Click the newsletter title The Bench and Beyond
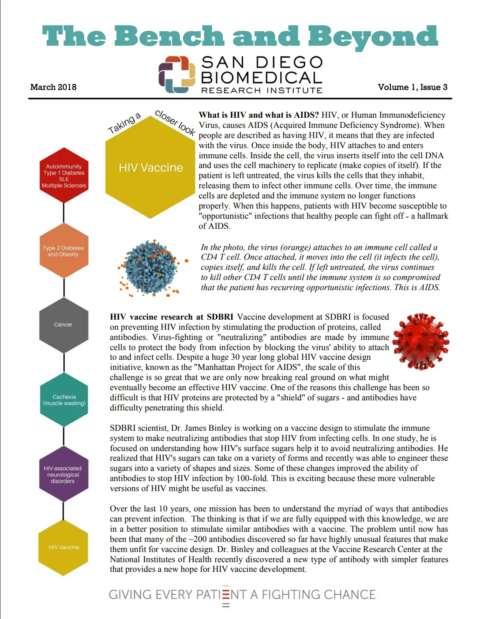coord(240,36)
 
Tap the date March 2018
coord(53,87)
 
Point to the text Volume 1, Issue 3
coord(412,87)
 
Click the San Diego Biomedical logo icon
coord(177,75)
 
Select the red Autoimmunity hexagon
coord(64,176)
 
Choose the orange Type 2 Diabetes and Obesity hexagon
coord(64,251)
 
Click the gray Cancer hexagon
coord(64,325)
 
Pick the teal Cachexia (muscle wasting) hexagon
coord(64,399)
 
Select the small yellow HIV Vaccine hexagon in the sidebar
coord(64,548)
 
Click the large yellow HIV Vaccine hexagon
coord(150,168)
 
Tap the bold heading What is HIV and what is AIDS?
coord(259,115)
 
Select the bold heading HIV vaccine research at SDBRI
coord(172,317)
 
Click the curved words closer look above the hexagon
coord(175,122)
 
